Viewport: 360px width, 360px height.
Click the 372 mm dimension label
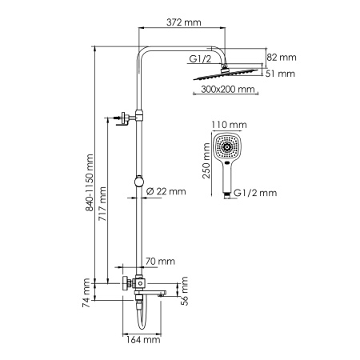183,22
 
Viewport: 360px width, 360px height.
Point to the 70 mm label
161,261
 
